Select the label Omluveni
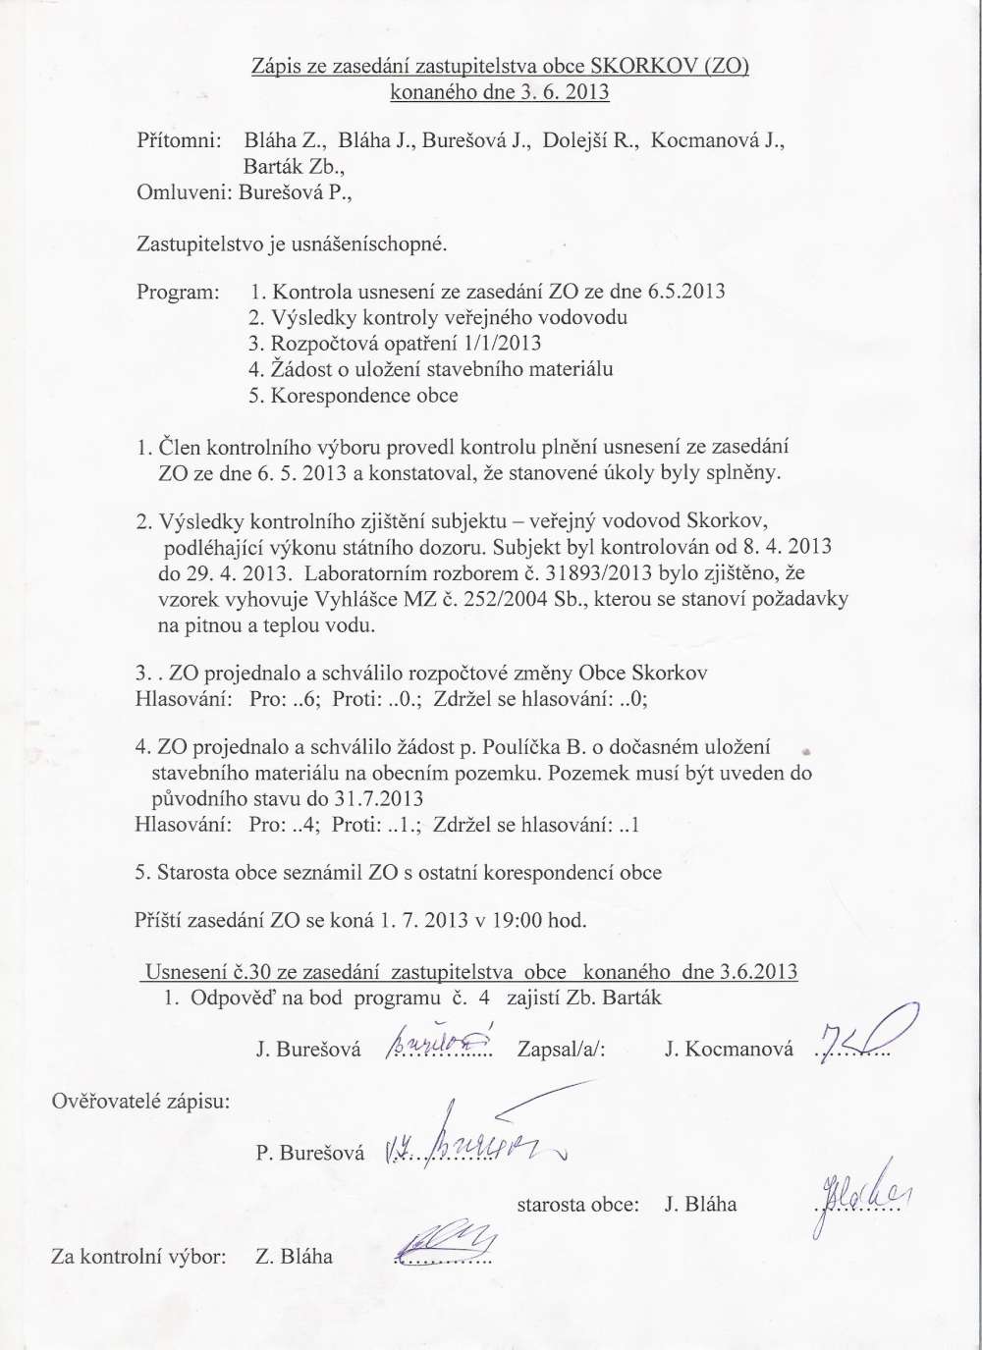(185, 192)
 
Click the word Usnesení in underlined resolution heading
(187, 972)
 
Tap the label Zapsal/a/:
(562, 1050)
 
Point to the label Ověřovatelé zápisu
(140, 1101)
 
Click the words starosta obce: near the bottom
(577, 1205)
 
